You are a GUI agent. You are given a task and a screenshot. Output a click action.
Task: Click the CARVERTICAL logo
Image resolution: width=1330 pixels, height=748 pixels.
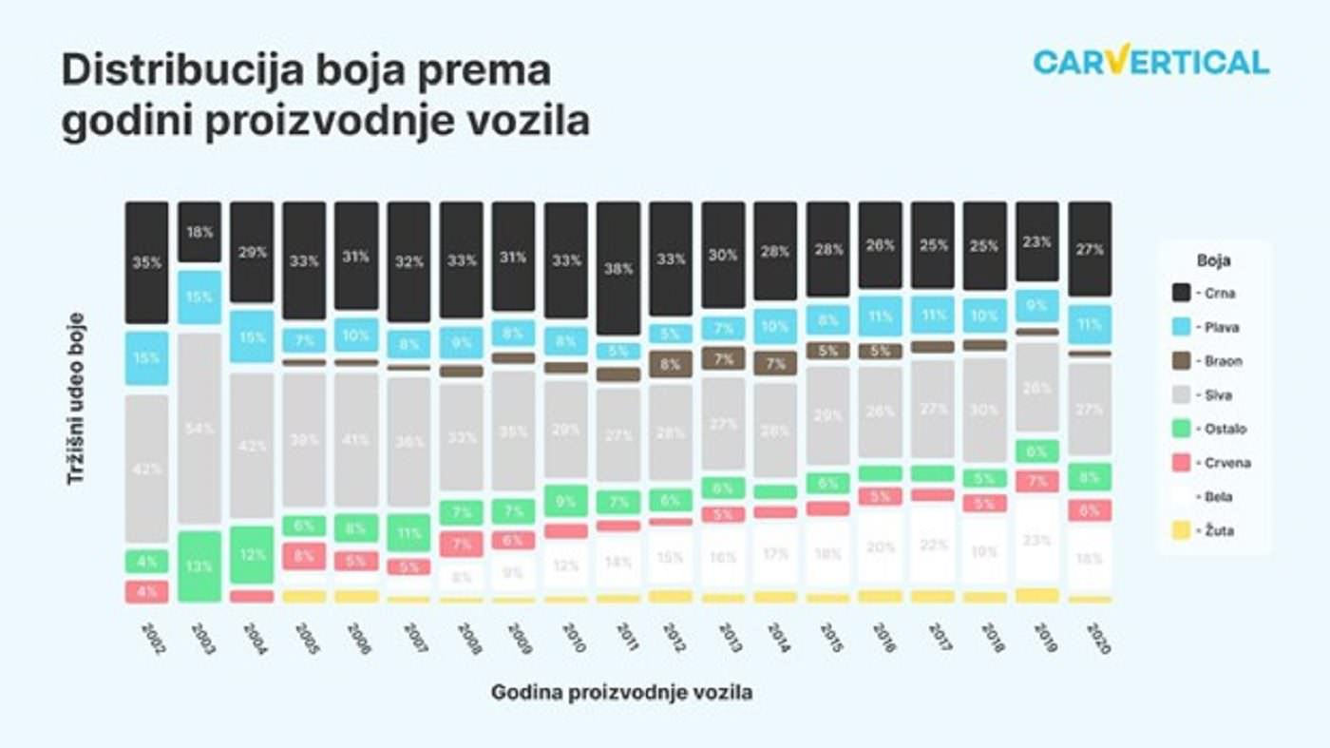point(1150,62)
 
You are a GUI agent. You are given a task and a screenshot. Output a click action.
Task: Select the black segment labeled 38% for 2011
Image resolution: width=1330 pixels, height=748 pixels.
point(618,268)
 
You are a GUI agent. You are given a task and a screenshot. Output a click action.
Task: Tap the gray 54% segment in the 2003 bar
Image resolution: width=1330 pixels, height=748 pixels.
point(199,428)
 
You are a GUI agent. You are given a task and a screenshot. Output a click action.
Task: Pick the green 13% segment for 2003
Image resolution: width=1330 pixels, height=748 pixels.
point(199,566)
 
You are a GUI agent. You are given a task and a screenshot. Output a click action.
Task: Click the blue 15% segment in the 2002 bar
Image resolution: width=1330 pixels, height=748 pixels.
point(147,358)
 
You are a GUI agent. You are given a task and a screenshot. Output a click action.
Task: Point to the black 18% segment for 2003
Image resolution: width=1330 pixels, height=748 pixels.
point(199,232)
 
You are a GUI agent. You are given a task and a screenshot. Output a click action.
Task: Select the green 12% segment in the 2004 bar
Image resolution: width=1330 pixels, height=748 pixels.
point(252,554)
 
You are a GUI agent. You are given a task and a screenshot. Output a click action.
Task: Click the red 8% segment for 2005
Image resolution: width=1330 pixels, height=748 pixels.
point(304,556)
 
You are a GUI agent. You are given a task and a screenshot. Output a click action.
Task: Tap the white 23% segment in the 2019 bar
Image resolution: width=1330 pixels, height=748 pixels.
point(1037,540)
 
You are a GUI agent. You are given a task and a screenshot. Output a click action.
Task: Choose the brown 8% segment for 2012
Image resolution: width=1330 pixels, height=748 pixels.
point(671,364)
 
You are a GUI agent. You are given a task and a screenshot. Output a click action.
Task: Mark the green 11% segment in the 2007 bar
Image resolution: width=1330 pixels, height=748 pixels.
point(408,533)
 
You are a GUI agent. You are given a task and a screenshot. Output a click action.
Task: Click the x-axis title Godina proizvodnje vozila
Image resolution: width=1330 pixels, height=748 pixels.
point(621,693)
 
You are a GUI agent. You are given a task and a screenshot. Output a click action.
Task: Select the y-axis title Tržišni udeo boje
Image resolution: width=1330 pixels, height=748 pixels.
point(76,398)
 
